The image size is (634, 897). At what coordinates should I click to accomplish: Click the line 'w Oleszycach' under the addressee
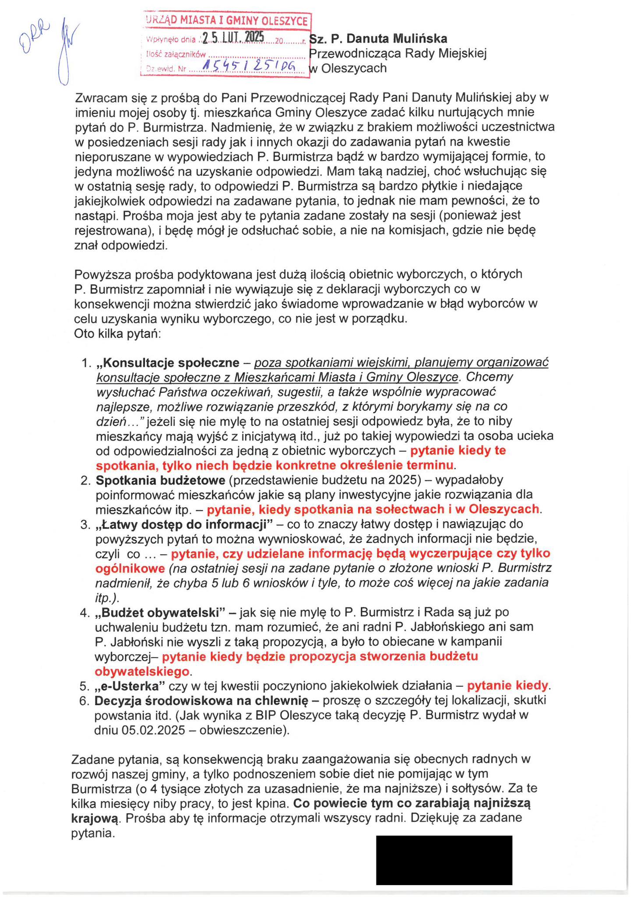point(348,68)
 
